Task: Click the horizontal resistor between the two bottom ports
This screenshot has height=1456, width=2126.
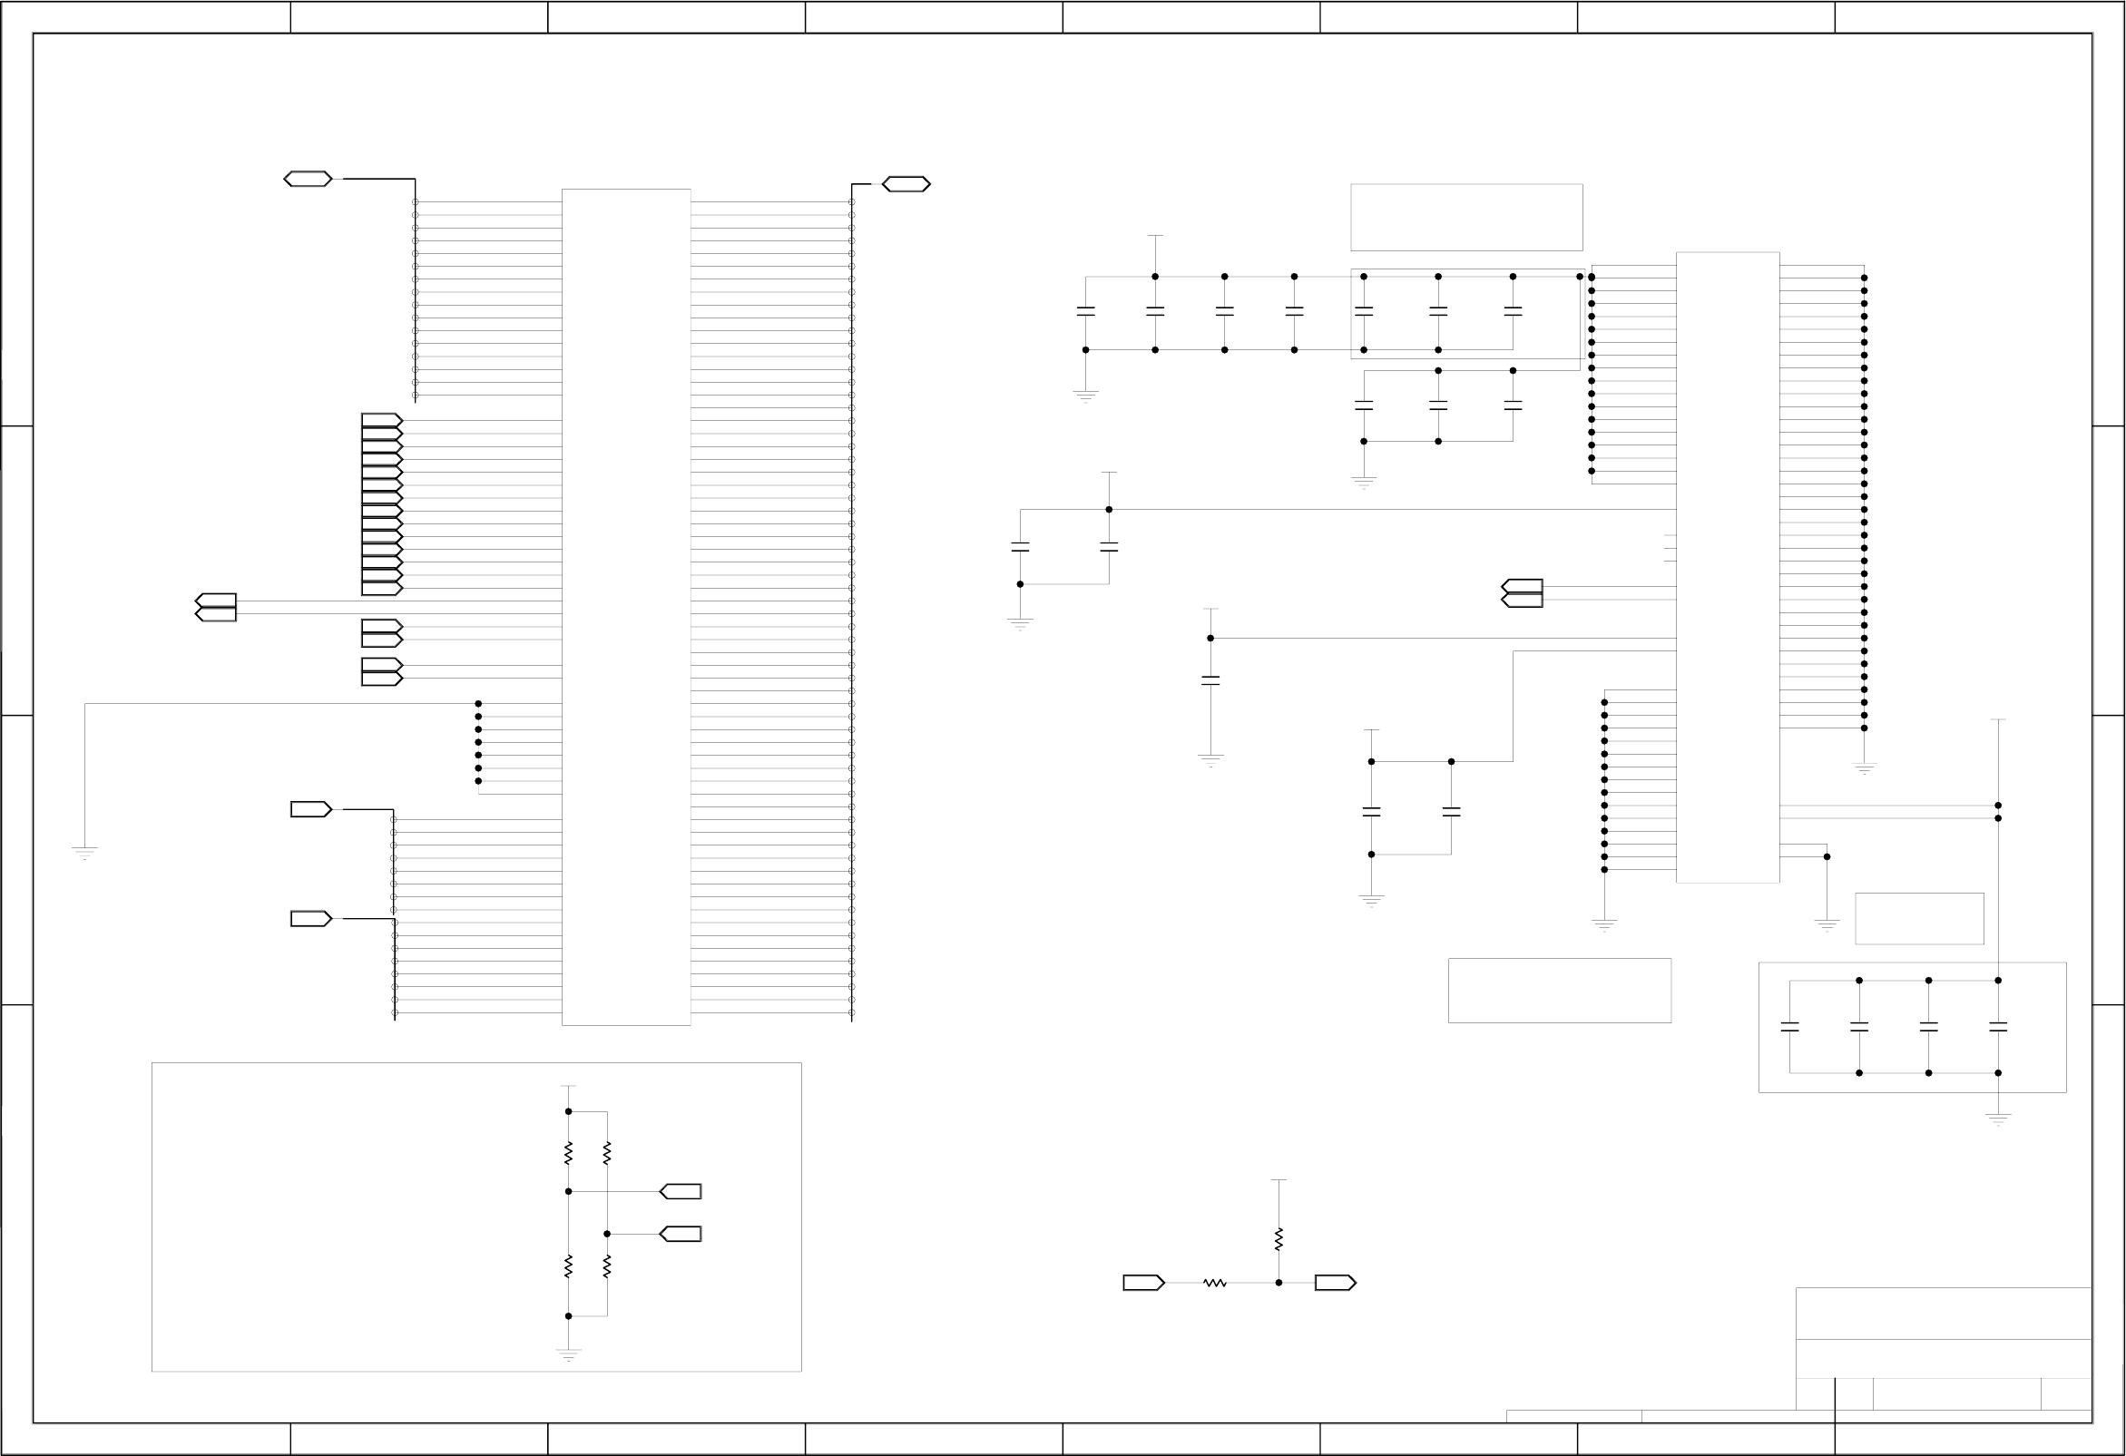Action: [1214, 1283]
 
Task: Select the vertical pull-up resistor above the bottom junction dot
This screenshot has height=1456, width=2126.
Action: [1278, 1239]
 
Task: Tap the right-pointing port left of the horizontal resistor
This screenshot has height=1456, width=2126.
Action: [1142, 1283]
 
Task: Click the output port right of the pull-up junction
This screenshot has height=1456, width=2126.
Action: [1335, 1283]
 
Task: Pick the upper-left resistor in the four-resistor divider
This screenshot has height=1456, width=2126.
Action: [568, 1152]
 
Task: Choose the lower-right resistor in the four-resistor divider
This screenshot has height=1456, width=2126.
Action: [606, 1266]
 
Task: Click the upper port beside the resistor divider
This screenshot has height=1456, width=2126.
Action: [681, 1192]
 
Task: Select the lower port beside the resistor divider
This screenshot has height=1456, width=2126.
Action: [681, 1234]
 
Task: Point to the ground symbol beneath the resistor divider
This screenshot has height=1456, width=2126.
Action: [568, 1353]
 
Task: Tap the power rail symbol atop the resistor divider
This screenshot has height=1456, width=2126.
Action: [568, 1087]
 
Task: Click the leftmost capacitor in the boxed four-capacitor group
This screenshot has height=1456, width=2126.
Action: [1789, 1027]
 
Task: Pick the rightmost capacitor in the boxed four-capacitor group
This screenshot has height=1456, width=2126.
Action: [1998, 1027]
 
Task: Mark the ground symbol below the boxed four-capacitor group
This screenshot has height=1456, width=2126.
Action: [1998, 1119]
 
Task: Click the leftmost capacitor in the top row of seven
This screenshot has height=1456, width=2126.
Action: [1086, 312]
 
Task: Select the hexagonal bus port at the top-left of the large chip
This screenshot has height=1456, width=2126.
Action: [308, 180]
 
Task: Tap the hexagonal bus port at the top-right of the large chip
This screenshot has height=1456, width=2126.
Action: [906, 185]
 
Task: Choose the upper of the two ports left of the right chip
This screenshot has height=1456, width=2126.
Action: [1523, 586]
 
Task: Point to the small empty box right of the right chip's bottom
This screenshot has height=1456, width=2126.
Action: [1919, 918]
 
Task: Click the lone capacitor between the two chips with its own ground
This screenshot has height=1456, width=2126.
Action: [1210, 680]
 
